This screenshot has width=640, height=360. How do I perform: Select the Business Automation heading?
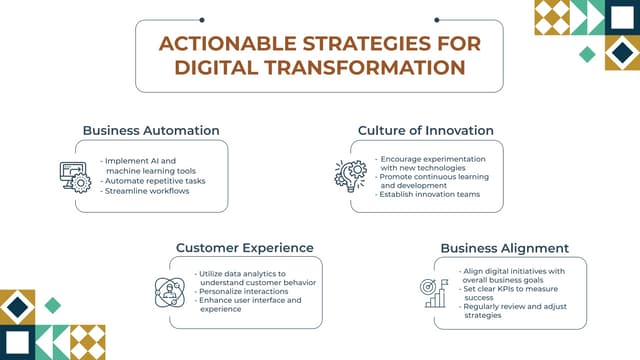click(151, 130)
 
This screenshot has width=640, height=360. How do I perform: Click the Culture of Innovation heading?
click(426, 130)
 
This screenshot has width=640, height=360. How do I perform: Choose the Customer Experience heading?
click(245, 247)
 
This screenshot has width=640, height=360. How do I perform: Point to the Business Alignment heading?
click(505, 248)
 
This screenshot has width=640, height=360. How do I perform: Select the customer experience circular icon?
click(169, 291)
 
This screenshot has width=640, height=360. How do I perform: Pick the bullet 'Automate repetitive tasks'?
click(153, 181)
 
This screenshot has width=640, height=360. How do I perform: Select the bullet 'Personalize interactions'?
click(244, 291)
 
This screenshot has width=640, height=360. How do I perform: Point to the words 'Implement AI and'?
click(139, 160)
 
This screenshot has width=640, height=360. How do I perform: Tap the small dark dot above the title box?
click(202, 18)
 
